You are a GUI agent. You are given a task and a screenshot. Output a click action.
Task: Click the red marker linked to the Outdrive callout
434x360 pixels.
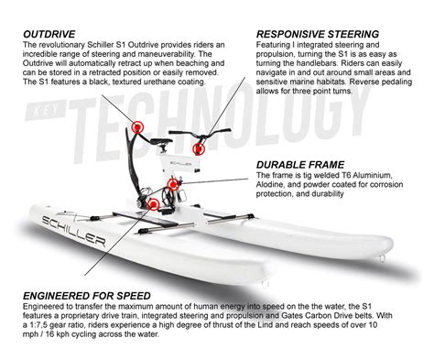coord(140,125)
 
